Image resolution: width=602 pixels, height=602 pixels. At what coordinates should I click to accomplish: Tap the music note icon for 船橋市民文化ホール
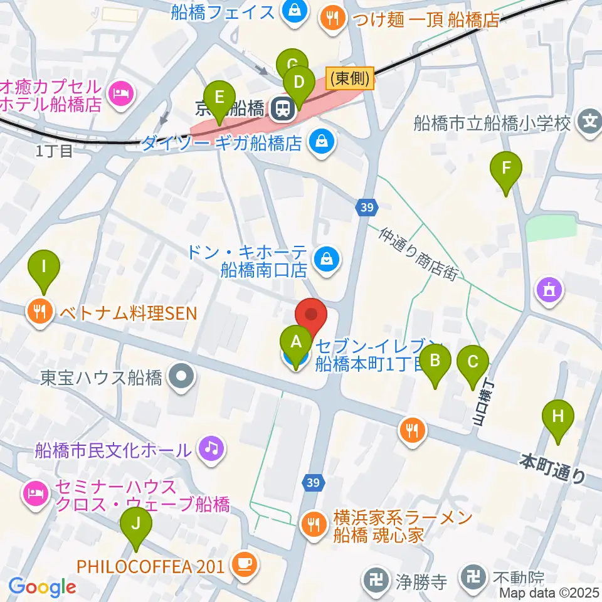point(211,448)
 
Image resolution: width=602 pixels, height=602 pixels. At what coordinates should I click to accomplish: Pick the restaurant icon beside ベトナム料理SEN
point(40,311)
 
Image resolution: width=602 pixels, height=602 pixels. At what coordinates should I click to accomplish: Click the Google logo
point(42,586)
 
